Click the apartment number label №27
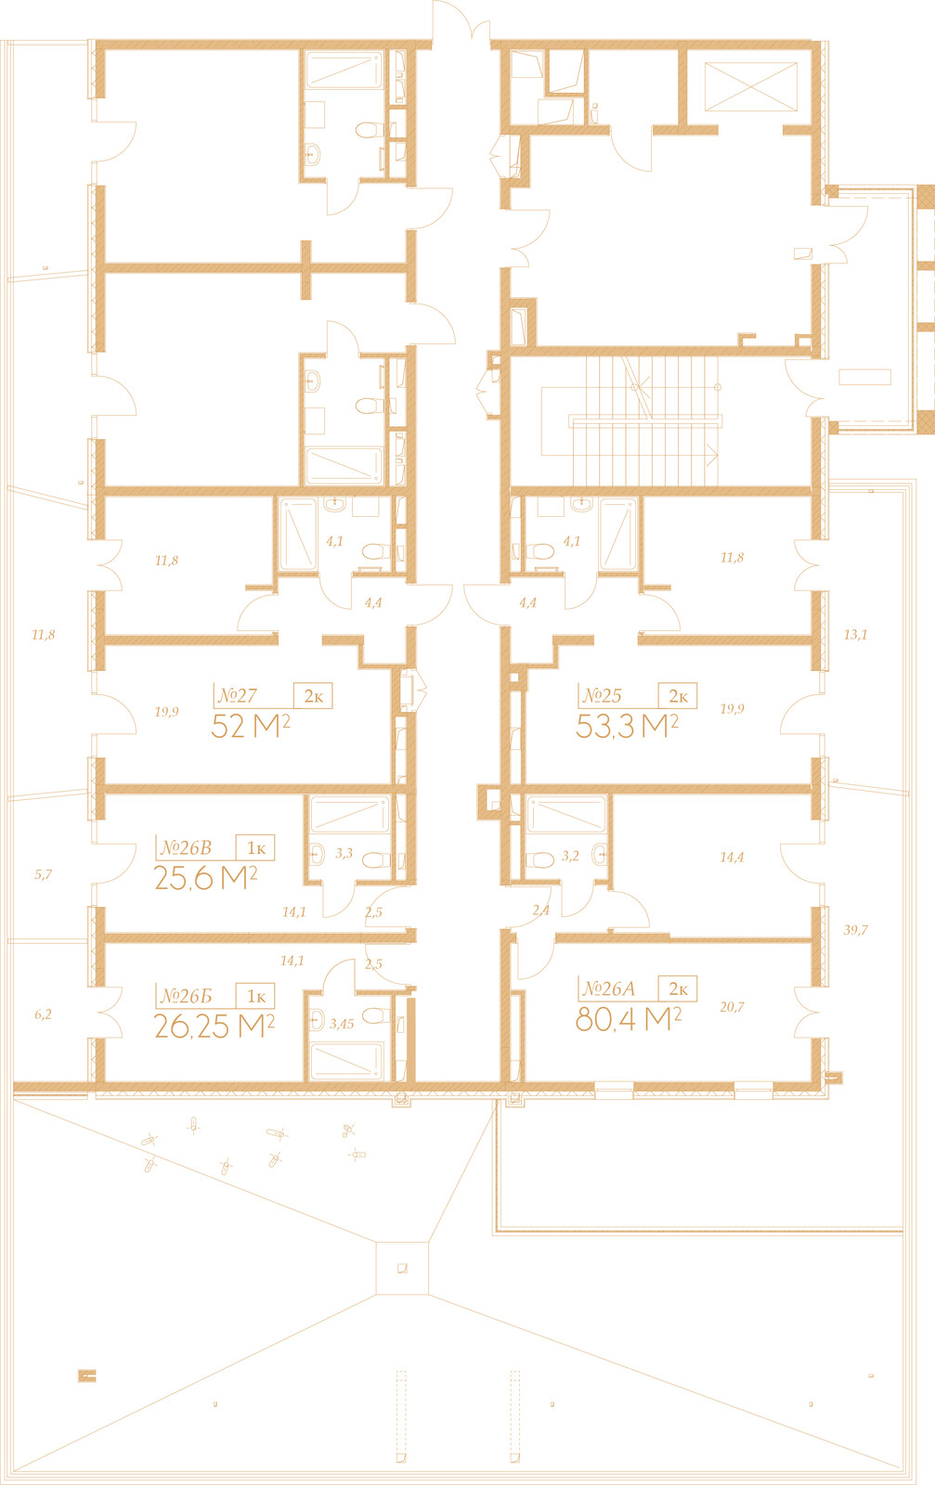point(238,695)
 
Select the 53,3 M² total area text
point(627,726)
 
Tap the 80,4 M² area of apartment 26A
point(628,1019)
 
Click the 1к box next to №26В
point(255,848)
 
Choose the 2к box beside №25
point(678,695)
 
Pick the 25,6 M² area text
point(205,878)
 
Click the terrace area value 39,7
point(855,930)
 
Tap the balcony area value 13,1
point(855,635)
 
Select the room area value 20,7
point(732,1007)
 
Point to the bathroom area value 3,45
point(342,1025)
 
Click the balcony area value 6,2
point(43,1014)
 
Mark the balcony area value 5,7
point(43,874)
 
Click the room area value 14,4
point(732,858)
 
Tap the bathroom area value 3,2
point(570,856)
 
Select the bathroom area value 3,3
point(344,853)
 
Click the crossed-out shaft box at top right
point(750,87)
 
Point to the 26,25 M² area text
point(214,1027)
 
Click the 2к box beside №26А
point(678,988)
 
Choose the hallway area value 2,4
point(540,910)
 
